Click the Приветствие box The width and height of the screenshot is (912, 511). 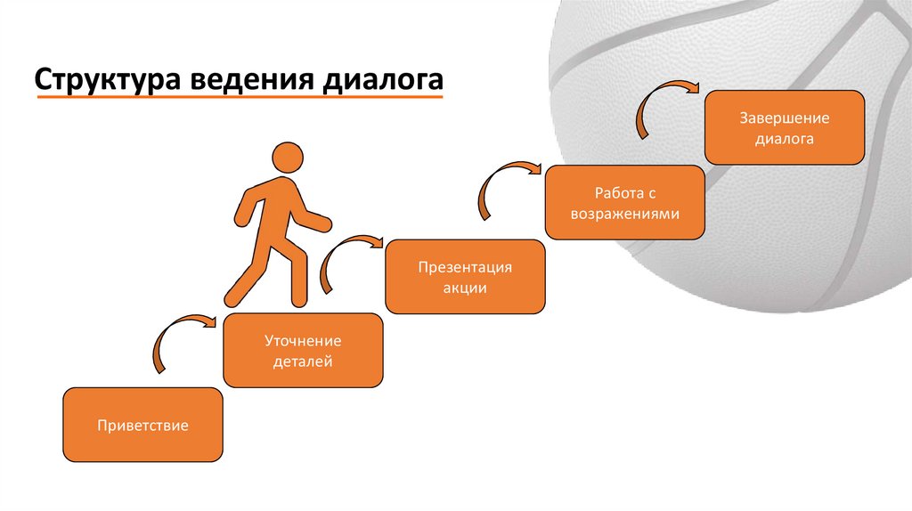point(142,425)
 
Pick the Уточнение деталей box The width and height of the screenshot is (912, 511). point(303,351)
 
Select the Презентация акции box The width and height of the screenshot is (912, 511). point(465,277)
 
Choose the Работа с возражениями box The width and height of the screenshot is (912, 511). point(624,203)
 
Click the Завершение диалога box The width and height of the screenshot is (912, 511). point(785,127)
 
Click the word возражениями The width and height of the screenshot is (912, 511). point(624,215)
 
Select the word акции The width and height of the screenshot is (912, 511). point(465,288)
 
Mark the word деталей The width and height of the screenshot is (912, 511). point(303,362)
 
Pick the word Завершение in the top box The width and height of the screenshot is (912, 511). point(785,118)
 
